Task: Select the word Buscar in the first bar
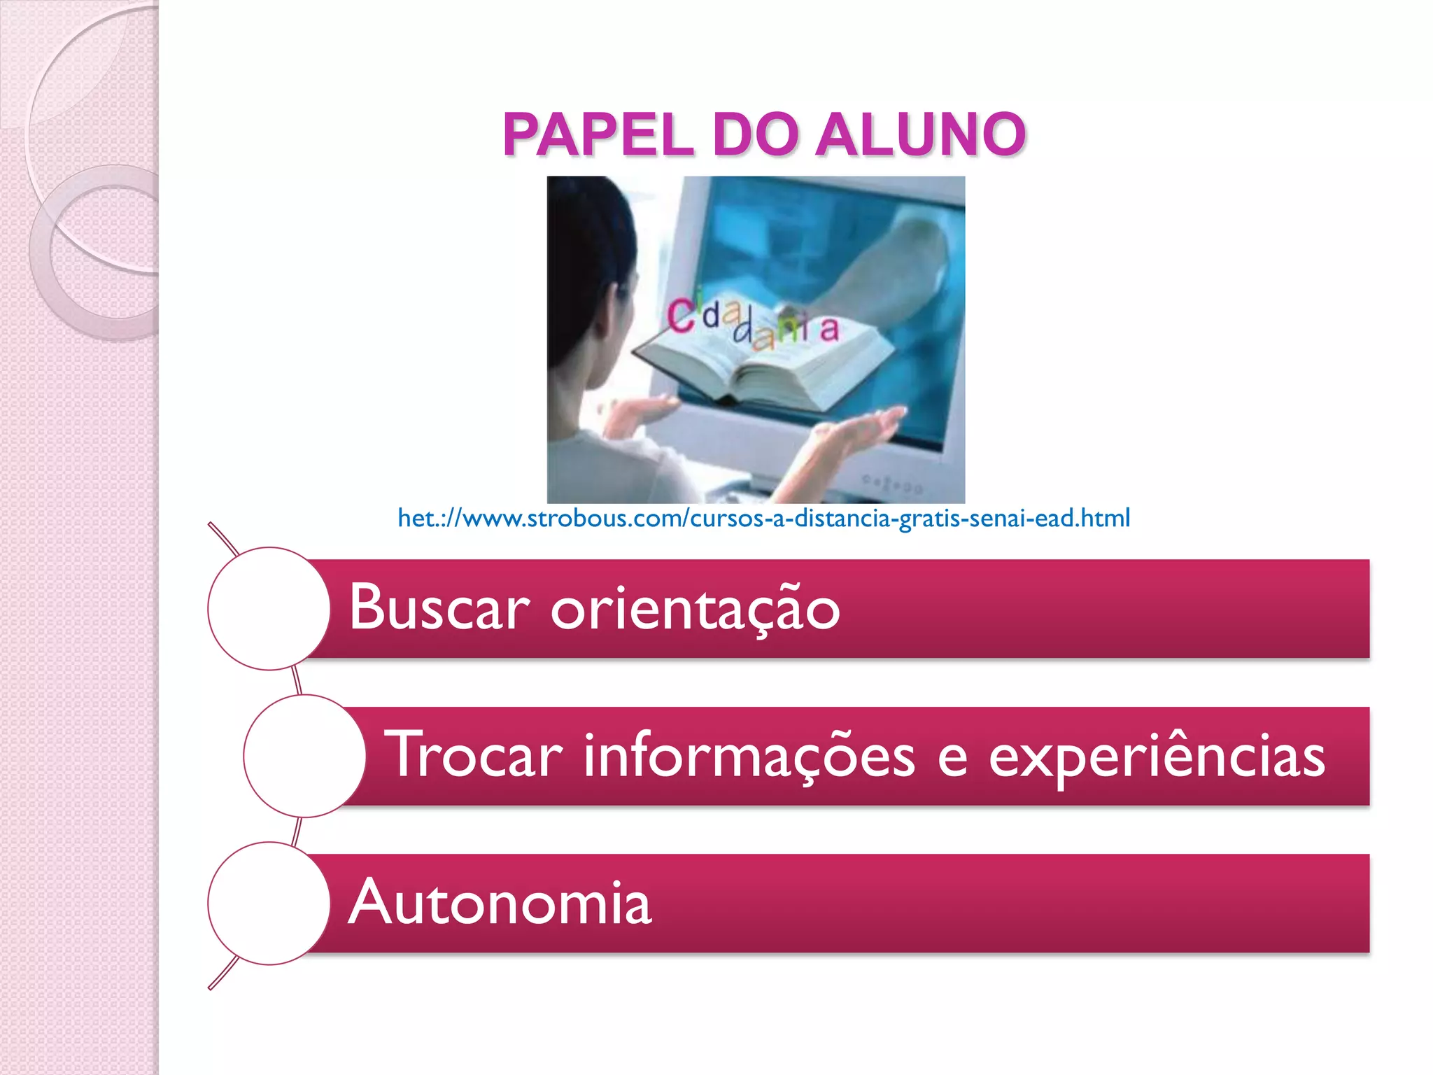tap(439, 607)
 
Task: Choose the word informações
tap(749, 756)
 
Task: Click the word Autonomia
tap(500, 903)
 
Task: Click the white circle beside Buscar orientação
tap(269, 608)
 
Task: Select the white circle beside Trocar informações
tap(304, 756)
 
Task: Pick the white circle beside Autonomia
tap(269, 903)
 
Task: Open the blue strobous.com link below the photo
tap(763, 519)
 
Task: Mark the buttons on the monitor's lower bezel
tap(892, 484)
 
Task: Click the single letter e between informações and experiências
tap(952, 757)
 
